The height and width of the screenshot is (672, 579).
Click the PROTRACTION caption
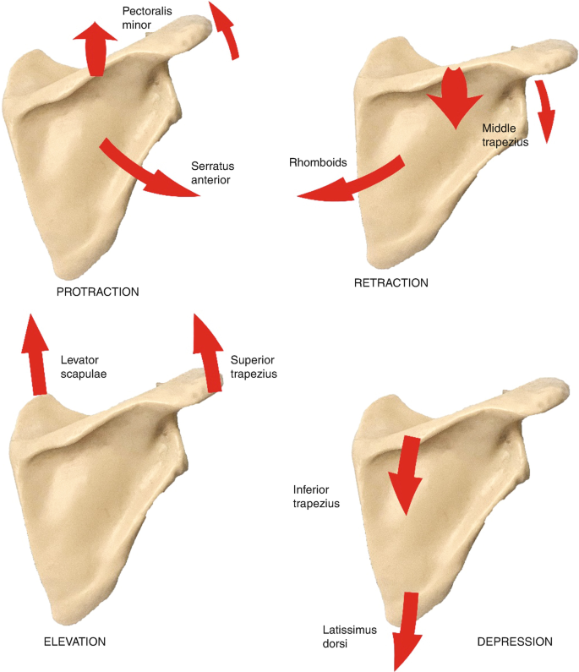click(96, 292)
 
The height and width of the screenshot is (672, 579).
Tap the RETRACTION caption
click(391, 282)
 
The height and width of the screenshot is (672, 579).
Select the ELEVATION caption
click(74, 642)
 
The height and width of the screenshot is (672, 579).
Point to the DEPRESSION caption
click(515, 642)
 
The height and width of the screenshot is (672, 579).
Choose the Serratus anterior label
click(210, 172)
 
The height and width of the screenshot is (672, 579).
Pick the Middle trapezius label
click(505, 135)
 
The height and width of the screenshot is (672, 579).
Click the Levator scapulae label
click(85, 366)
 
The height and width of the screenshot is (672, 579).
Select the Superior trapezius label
click(254, 366)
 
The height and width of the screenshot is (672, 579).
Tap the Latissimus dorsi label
click(349, 636)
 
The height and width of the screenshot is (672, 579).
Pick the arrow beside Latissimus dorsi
click(408, 630)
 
